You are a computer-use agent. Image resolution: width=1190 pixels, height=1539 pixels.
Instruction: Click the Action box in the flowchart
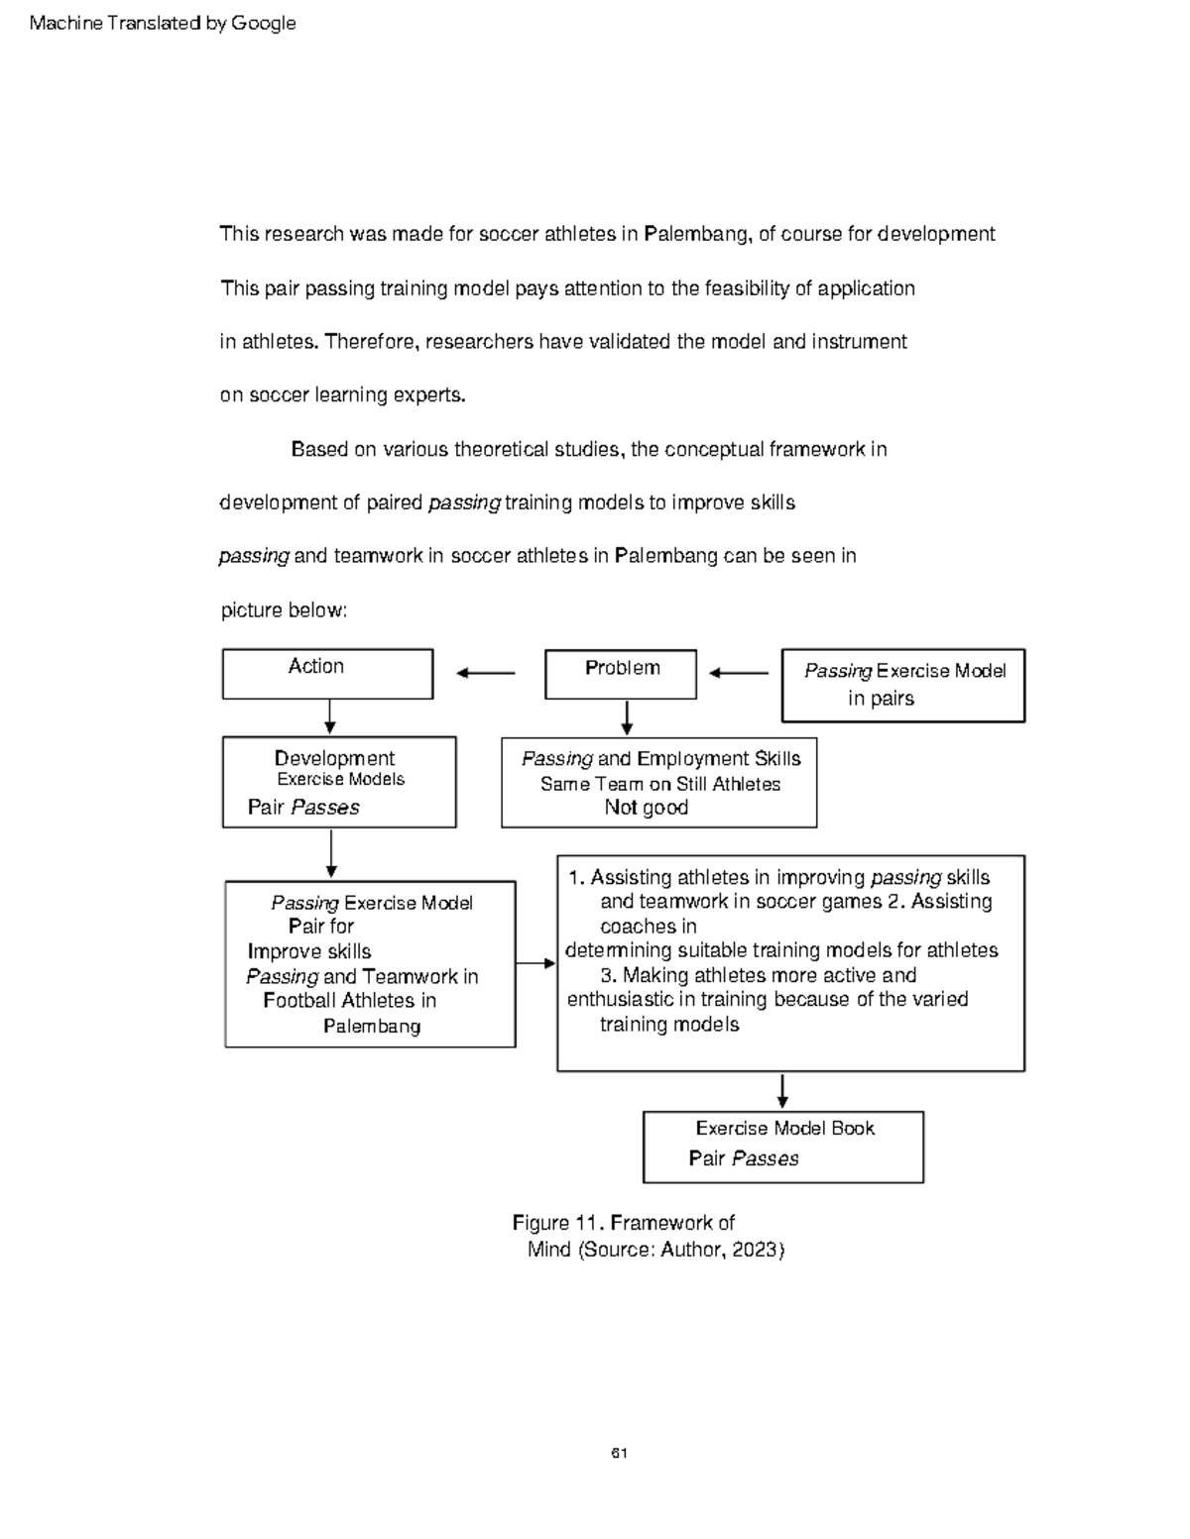pyautogui.click(x=327, y=674)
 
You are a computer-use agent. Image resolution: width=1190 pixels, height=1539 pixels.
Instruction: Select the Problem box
pyautogui.click(x=621, y=674)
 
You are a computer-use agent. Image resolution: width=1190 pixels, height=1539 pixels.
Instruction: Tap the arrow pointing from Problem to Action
pyautogui.click(x=485, y=674)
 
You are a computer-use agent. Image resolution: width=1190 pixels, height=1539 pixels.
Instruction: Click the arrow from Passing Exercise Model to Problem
pyautogui.click(x=739, y=674)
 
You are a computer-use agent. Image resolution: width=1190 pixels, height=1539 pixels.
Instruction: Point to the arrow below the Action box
pyautogui.click(x=329, y=716)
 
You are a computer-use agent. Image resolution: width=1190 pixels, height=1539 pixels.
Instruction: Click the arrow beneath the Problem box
pyautogui.click(x=626, y=717)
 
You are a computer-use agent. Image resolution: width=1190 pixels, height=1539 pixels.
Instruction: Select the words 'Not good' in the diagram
pyautogui.click(x=646, y=808)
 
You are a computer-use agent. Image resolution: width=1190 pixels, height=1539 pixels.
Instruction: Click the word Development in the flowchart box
pyautogui.click(x=334, y=758)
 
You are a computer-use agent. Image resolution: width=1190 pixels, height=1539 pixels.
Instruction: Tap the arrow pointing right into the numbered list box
pyautogui.click(x=535, y=963)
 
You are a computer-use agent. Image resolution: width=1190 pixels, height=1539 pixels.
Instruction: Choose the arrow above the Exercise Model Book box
pyautogui.click(x=782, y=1091)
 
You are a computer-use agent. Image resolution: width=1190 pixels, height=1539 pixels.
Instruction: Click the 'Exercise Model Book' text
pyautogui.click(x=784, y=1129)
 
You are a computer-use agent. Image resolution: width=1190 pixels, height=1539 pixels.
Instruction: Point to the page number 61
pyautogui.click(x=619, y=1454)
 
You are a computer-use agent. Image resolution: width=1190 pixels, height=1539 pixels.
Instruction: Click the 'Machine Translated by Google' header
pyautogui.click(x=163, y=23)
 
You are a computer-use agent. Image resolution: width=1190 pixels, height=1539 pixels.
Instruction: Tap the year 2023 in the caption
pyautogui.click(x=756, y=1250)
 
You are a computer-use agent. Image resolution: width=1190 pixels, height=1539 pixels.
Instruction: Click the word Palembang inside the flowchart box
pyautogui.click(x=372, y=1027)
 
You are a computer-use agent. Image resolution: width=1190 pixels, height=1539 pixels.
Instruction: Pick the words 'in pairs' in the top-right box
pyautogui.click(x=881, y=699)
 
